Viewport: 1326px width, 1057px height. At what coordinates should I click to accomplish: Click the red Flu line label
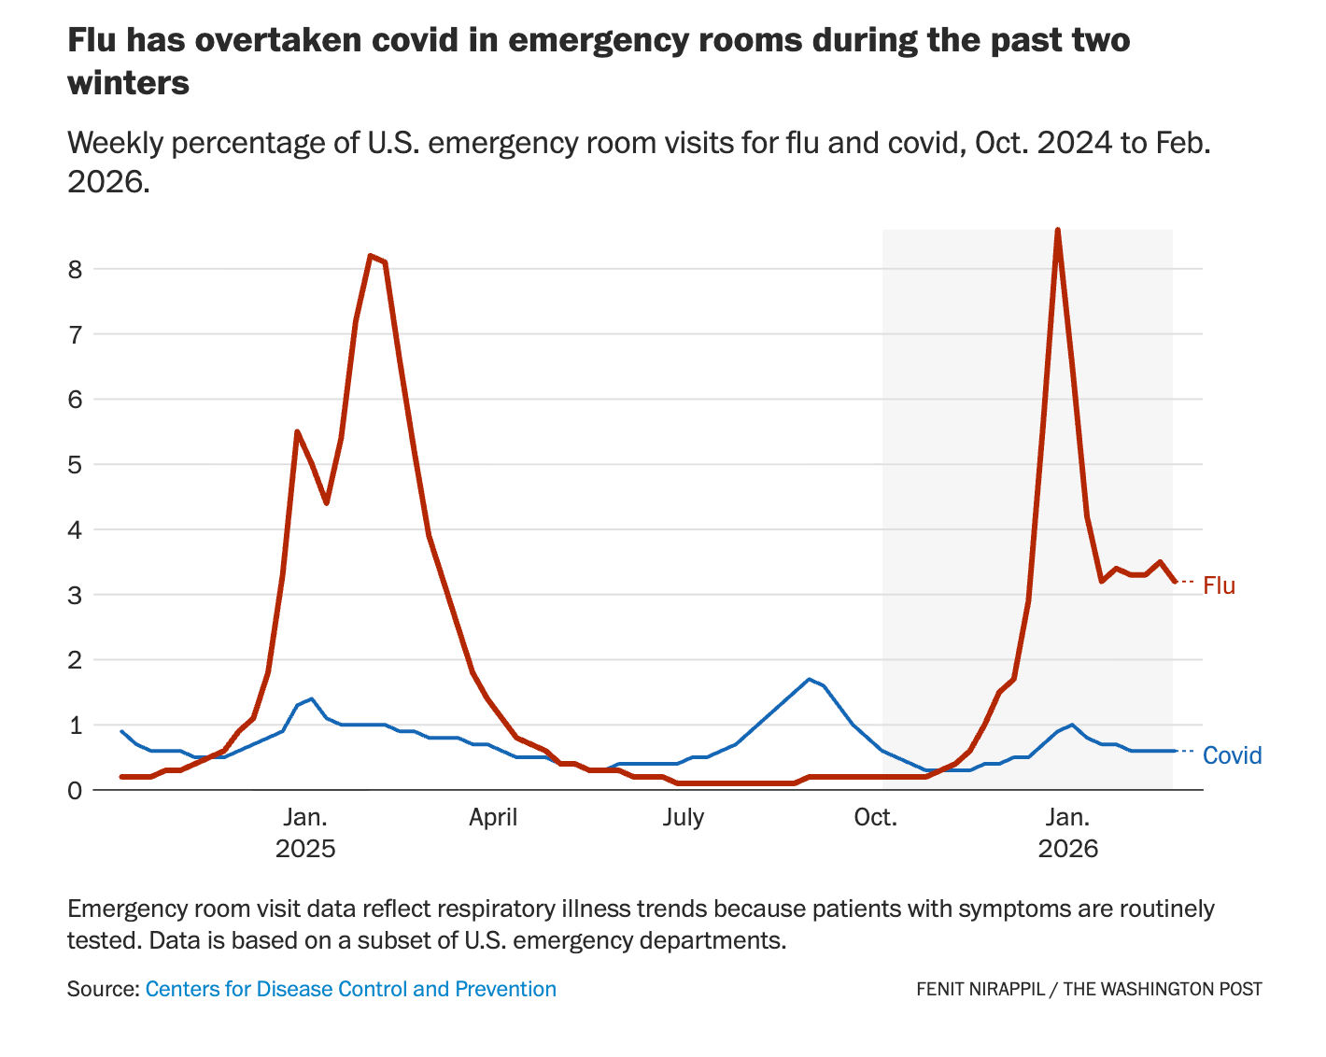[1219, 585]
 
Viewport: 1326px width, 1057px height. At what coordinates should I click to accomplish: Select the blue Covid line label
[1232, 755]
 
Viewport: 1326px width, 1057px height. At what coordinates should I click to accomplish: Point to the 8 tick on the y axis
[75, 270]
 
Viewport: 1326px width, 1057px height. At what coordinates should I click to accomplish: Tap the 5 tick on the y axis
[75, 465]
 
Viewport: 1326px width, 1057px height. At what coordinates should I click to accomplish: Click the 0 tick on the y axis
[75, 791]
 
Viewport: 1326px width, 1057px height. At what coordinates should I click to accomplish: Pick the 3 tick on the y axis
[75, 595]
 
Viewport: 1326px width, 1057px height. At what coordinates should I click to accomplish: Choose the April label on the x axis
[493, 818]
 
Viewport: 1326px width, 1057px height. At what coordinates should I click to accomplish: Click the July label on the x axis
[684, 818]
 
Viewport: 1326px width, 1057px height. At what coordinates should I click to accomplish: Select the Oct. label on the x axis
[875, 818]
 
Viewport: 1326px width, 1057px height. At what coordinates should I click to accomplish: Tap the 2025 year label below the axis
[305, 850]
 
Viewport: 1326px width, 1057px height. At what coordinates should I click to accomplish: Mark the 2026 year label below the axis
[1068, 850]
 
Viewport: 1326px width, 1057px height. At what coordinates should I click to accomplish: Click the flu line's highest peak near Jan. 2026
[1057, 230]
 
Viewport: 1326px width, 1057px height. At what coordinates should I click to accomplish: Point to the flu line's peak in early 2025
[371, 255]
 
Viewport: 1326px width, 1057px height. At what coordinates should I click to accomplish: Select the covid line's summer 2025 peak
[809, 679]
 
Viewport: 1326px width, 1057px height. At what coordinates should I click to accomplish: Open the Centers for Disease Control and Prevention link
[351, 989]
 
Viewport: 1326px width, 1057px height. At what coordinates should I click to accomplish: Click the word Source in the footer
[100, 989]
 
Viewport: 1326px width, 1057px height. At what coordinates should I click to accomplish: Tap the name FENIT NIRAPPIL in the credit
[980, 989]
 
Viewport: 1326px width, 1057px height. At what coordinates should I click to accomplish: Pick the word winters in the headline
[128, 83]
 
